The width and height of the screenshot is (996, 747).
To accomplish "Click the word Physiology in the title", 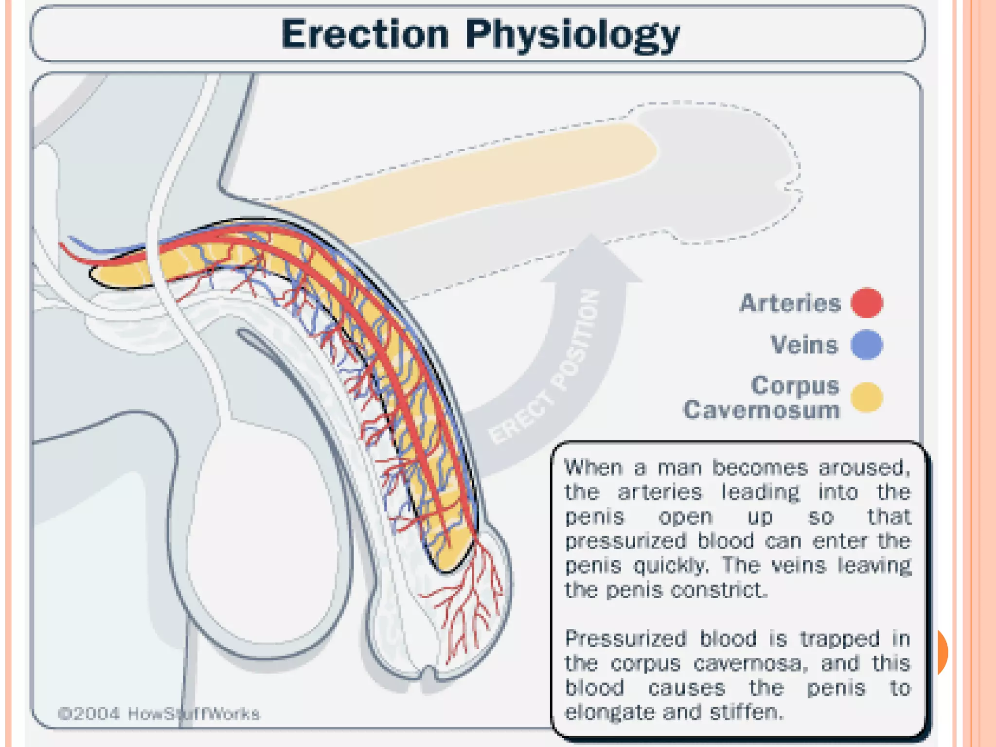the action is pos(572,35).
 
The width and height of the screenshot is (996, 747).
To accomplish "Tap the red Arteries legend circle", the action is pos(867,303).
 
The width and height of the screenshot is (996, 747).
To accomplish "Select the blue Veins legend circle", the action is pos(867,345).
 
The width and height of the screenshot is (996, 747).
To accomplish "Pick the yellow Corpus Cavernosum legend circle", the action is pos(867,397).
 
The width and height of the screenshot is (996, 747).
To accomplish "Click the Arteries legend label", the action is pos(790,303).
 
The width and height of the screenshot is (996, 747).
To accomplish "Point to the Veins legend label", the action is pos(805,345).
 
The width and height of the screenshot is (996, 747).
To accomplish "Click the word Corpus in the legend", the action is pos(795,386).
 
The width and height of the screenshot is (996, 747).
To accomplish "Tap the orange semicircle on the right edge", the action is pos(942,652).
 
